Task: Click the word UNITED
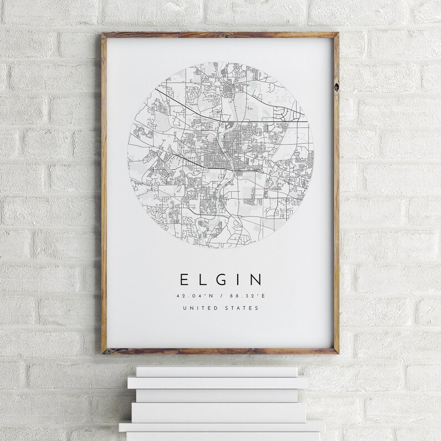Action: coord(203,308)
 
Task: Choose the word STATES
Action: coord(241,308)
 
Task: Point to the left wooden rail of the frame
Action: coord(104,194)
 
